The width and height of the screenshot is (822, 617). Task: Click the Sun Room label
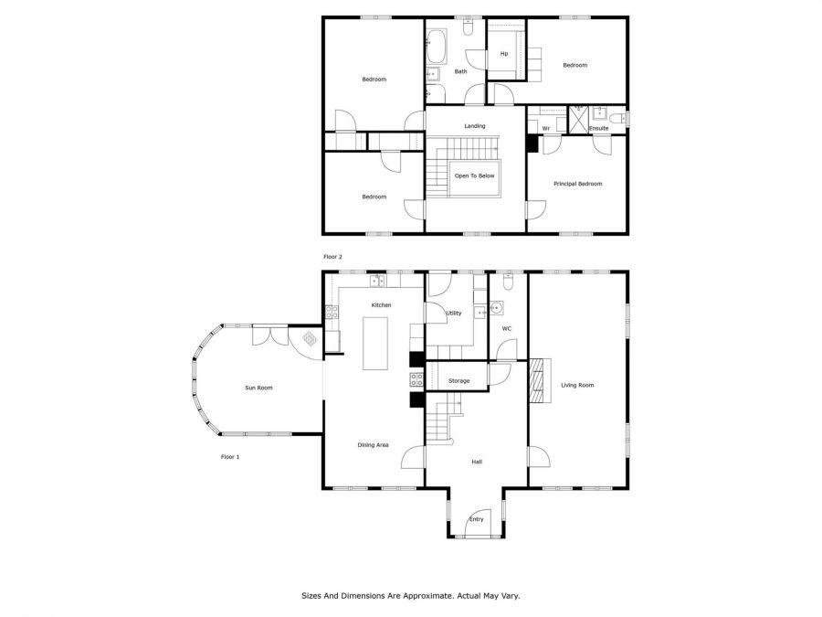259,388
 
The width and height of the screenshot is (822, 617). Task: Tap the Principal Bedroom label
578,184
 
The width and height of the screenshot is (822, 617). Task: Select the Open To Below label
474,176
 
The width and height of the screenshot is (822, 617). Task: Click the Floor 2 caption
332,257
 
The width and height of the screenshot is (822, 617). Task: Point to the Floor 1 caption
230,457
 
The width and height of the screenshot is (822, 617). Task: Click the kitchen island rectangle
375,344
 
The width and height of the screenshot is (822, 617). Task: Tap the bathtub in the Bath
437,47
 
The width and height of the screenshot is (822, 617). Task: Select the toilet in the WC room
508,282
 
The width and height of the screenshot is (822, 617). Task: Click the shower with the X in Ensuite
579,120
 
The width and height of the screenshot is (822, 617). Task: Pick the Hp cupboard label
504,54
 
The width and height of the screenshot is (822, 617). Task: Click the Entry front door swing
478,523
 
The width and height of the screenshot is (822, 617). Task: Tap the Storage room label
458,381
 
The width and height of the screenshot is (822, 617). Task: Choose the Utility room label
454,314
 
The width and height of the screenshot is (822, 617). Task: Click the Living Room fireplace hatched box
537,380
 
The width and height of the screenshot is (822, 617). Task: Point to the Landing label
475,126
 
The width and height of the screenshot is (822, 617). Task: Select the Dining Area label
374,445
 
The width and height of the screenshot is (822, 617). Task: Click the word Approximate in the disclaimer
425,596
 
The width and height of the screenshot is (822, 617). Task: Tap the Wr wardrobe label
546,129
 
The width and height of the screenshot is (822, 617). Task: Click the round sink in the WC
495,308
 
